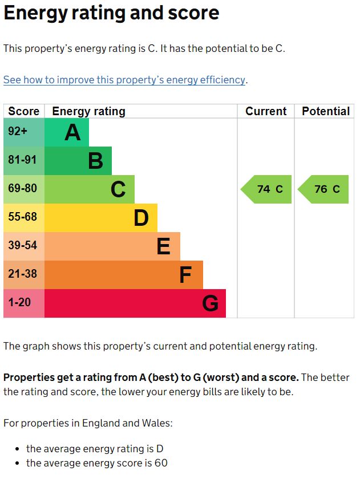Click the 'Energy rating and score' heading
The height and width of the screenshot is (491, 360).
tap(111, 13)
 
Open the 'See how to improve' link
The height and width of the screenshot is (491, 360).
tap(124, 80)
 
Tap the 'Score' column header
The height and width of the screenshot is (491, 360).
tap(24, 111)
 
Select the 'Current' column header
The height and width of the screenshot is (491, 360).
tap(266, 111)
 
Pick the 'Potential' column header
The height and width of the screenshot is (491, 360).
tap(325, 111)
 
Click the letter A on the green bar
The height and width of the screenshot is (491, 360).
tap(72, 133)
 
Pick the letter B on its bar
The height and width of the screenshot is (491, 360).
tap(95, 161)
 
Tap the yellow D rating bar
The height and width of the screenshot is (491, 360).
tap(100, 218)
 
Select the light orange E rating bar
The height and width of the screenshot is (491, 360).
tap(112, 246)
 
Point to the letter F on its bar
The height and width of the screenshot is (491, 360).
tap(185, 275)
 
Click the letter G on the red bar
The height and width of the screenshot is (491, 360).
tap(210, 304)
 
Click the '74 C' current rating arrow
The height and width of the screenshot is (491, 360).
tap(267, 189)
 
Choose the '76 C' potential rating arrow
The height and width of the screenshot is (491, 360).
tap(324, 189)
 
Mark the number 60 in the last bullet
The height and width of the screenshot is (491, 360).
tap(161, 463)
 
